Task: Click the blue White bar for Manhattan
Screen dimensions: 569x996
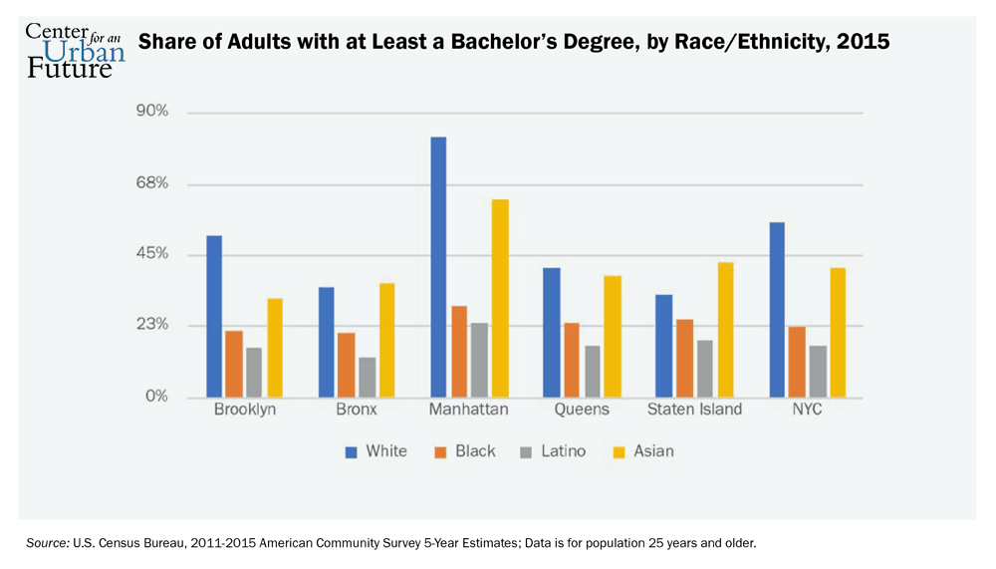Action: coord(438,267)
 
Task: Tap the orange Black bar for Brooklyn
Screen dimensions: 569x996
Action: coord(234,364)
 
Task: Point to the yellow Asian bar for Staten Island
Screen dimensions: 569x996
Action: coord(725,330)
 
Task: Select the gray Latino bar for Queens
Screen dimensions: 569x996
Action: coord(592,371)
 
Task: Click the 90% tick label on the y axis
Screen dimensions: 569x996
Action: coord(151,112)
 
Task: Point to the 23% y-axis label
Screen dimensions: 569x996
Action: coord(151,326)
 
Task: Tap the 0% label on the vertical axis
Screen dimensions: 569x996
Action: coord(155,398)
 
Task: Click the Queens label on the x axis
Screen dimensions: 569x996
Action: coord(582,411)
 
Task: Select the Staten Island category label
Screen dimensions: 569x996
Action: coord(694,411)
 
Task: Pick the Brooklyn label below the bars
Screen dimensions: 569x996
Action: coord(245,411)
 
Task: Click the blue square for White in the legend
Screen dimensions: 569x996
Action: coord(351,452)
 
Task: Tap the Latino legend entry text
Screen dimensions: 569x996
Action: coord(563,451)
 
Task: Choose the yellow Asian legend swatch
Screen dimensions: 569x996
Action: coord(619,452)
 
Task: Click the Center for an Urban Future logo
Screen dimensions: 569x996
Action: coord(75,50)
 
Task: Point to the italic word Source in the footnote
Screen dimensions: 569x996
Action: coord(47,543)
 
